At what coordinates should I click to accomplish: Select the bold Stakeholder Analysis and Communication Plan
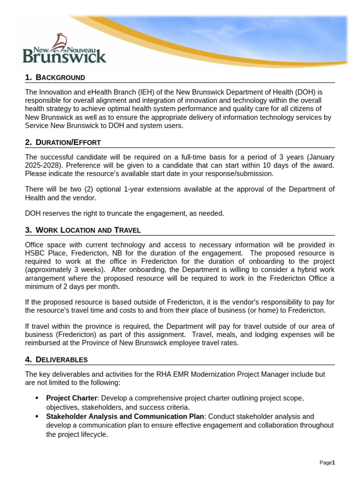point(125,416)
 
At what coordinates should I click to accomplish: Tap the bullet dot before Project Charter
point(37,398)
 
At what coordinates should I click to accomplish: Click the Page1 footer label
point(327,463)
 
